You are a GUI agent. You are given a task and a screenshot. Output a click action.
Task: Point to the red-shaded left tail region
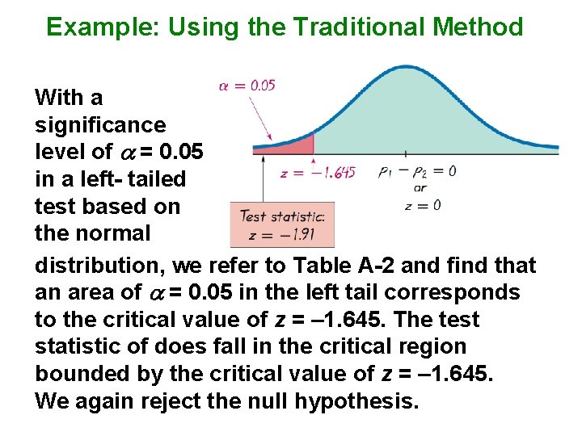(x=291, y=145)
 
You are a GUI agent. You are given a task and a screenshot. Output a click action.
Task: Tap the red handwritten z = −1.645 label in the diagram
(x=316, y=173)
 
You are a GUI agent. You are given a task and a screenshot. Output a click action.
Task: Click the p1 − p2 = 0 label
(x=416, y=171)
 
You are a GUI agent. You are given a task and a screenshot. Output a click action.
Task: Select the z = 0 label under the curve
(x=423, y=205)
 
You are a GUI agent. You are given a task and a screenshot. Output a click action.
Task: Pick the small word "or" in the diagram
(x=420, y=188)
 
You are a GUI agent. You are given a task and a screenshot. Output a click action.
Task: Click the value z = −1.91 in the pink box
(x=282, y=235)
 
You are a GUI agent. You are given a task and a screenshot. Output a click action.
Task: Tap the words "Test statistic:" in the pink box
(x=282, y=216)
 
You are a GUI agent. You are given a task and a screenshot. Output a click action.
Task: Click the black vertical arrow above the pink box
(x=264, y=179)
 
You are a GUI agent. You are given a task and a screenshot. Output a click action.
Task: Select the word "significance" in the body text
(x=100, y=125)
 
